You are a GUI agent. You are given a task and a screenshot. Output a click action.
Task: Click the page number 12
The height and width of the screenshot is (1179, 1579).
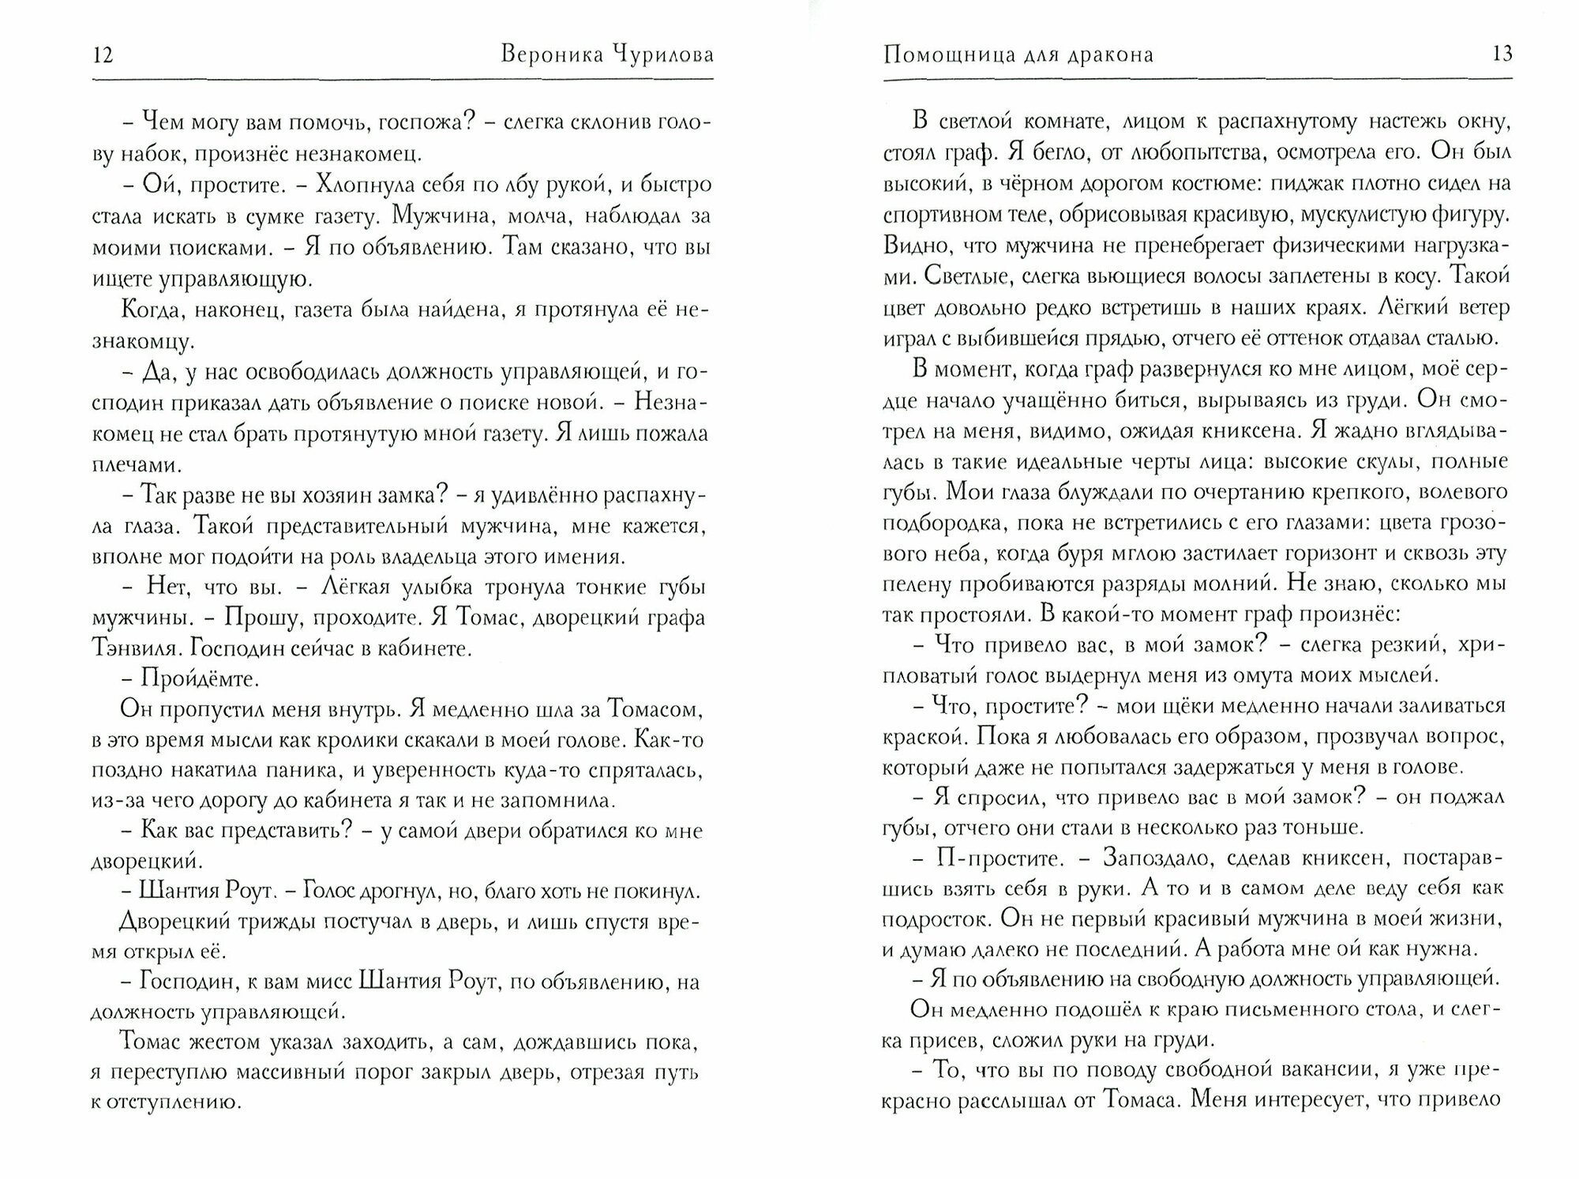pyautogui.click(x=103, y=55)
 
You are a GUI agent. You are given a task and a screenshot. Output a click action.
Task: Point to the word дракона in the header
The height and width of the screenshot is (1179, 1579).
pyautogui.click(x=1111, y=55)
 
